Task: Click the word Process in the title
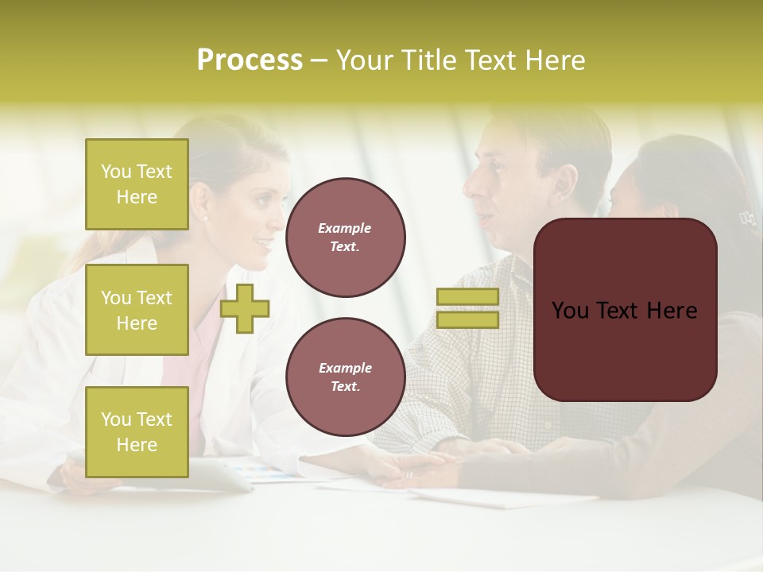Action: tap(250, 60)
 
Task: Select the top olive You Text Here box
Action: tap(137, 184)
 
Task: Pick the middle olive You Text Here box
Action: tap(137, 310)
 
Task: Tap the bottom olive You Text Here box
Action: tap(137, 432)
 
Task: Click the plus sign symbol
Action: tap(245, 308)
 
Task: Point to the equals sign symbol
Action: tap(467, 308)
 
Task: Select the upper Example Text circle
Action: tap(345, 238)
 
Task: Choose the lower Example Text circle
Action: tap(345, 377)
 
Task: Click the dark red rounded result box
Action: tap(625, 310)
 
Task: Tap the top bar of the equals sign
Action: tap(467, 297)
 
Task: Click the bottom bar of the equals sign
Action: tap(467, 319)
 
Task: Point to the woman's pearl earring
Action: tap(205, 217)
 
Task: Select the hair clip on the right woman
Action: tap(746, 217)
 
